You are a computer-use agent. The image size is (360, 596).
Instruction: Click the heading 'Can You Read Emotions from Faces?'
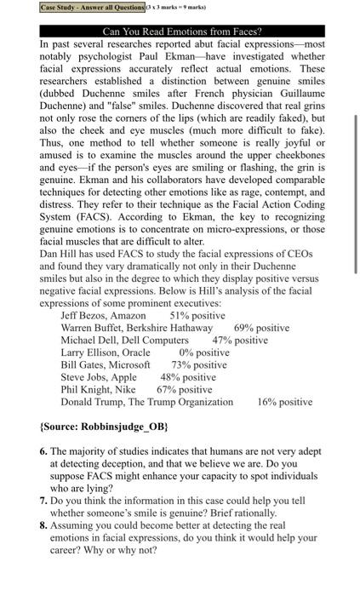click(181, 32)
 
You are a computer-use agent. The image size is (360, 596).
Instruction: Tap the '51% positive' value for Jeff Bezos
click(197, 316)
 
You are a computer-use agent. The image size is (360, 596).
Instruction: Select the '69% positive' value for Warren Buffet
click(261, 328)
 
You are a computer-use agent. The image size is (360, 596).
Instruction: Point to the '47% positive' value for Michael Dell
click(240, 341)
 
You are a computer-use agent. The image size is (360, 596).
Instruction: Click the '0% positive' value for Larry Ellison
click(204, 352)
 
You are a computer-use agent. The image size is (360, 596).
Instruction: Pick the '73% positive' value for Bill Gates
click(198, 365)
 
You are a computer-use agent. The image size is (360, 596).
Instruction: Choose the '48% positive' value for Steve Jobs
click(188, 377)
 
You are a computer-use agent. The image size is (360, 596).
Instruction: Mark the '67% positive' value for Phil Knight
click(185, 389)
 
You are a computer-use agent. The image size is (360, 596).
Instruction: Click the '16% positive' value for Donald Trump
click(284, 402)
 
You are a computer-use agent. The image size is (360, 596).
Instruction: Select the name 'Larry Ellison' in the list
click(92, 352)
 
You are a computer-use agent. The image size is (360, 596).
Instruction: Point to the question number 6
click(43, 450)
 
